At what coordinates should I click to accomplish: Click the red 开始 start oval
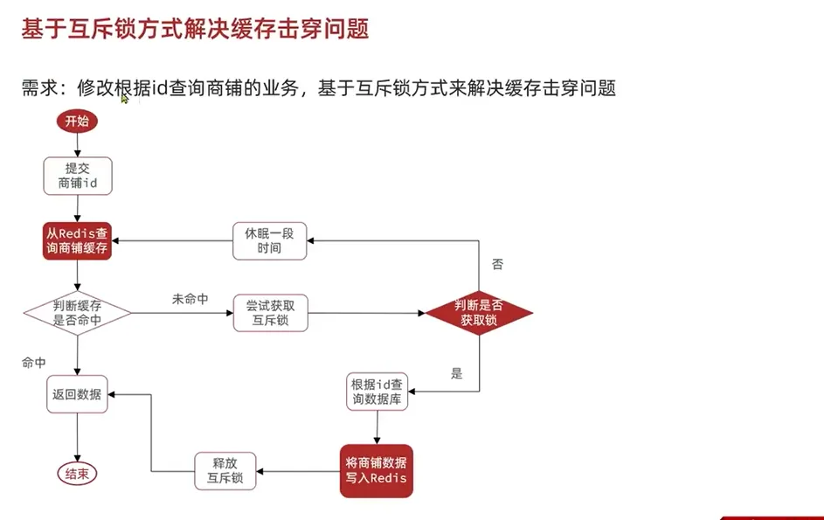(77, 121)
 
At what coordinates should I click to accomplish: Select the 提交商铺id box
(78, 177)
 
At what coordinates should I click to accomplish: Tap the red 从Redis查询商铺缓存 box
(78, 241)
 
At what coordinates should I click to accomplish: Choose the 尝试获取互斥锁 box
(271, 313)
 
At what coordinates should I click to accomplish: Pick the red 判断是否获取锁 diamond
(479, 313)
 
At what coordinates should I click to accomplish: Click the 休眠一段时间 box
(270, 241)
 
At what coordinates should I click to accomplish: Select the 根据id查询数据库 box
(377, 392)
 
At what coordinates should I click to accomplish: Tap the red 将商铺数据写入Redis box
(376, 470)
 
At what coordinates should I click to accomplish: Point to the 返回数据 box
(78, 394)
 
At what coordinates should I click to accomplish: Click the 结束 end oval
(78, 474)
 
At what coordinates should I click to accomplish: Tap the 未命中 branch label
(190, 299)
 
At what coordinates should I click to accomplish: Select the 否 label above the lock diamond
(498, 264)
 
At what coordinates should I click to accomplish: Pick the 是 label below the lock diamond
(456, 373)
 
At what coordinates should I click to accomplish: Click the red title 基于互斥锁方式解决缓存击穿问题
(194, 29)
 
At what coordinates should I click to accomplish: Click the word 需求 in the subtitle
(40, 88)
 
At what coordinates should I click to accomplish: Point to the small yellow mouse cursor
(124, 98)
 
